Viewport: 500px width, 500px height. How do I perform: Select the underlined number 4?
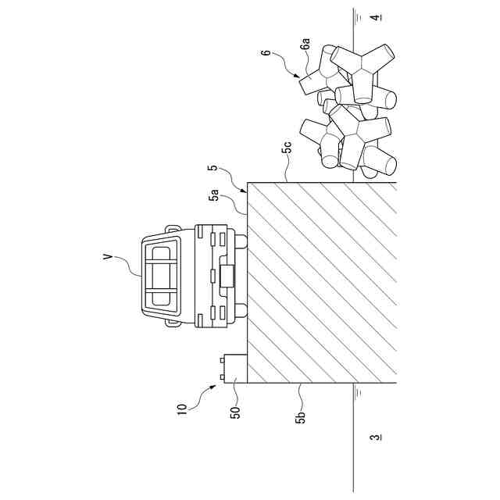coord(375,17)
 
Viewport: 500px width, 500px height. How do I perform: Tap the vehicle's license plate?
coord(227,277)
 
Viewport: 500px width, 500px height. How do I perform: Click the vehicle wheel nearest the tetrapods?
coord(242,242)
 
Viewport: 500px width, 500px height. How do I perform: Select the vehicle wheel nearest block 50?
coord(242,310)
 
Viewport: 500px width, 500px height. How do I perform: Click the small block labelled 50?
coord(234,369)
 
